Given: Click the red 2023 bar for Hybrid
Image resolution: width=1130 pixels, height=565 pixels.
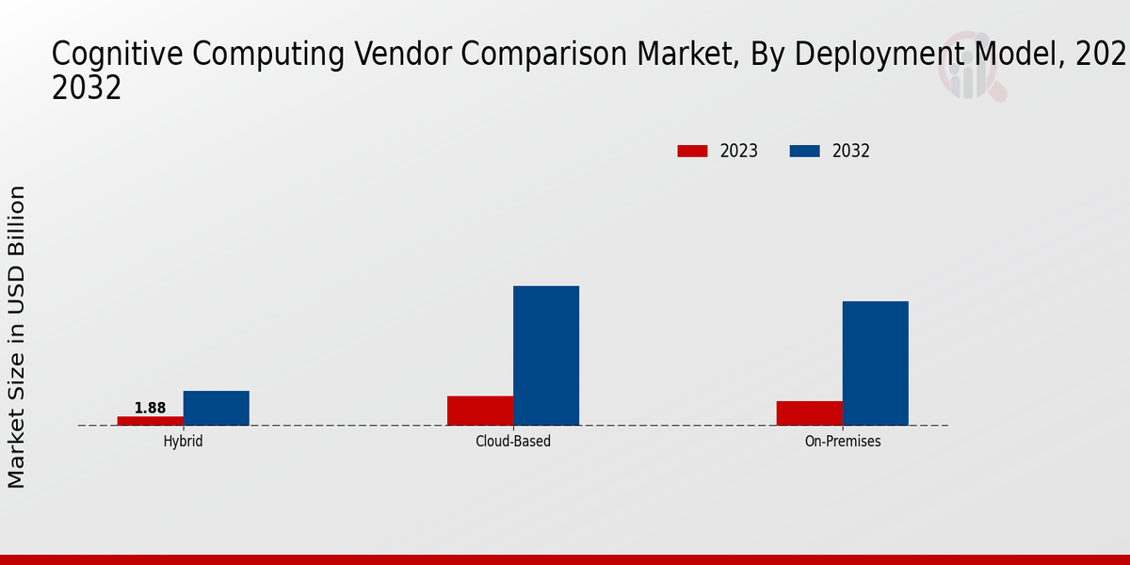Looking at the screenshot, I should (150, 420).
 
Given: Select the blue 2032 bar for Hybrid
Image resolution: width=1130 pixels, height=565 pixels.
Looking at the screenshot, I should (216, 408).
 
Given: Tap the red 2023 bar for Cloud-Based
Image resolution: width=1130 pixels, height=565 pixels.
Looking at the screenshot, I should (480, 411).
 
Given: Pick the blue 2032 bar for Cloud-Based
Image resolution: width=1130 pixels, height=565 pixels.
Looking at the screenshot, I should (546, 355).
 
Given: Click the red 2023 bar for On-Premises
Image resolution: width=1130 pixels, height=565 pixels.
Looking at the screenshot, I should (809, 412).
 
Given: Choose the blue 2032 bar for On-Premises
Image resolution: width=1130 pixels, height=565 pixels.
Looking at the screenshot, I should (875, 363).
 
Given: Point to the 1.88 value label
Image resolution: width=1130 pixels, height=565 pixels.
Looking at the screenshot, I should (150, 408).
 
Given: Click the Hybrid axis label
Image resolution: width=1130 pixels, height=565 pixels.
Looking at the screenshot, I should (183, 441).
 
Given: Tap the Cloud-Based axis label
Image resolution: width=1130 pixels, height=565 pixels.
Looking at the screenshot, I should (513, 441).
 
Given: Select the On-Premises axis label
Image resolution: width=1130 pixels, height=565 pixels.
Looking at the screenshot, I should (843, 441).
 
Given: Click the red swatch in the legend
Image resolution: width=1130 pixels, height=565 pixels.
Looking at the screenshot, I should (692, 151).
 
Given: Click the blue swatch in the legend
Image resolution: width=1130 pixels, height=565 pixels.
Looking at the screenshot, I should (804, 151).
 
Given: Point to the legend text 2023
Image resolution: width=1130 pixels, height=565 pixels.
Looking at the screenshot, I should (739, 151).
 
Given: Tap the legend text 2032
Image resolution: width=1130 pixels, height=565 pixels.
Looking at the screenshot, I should (851, 151).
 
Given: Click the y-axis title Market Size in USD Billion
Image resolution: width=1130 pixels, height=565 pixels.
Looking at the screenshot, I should (17, 336).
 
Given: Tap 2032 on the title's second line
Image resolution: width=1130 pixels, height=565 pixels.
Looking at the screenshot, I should (87, 88).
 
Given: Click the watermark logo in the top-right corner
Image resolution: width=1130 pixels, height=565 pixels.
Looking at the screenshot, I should (971, 71).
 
